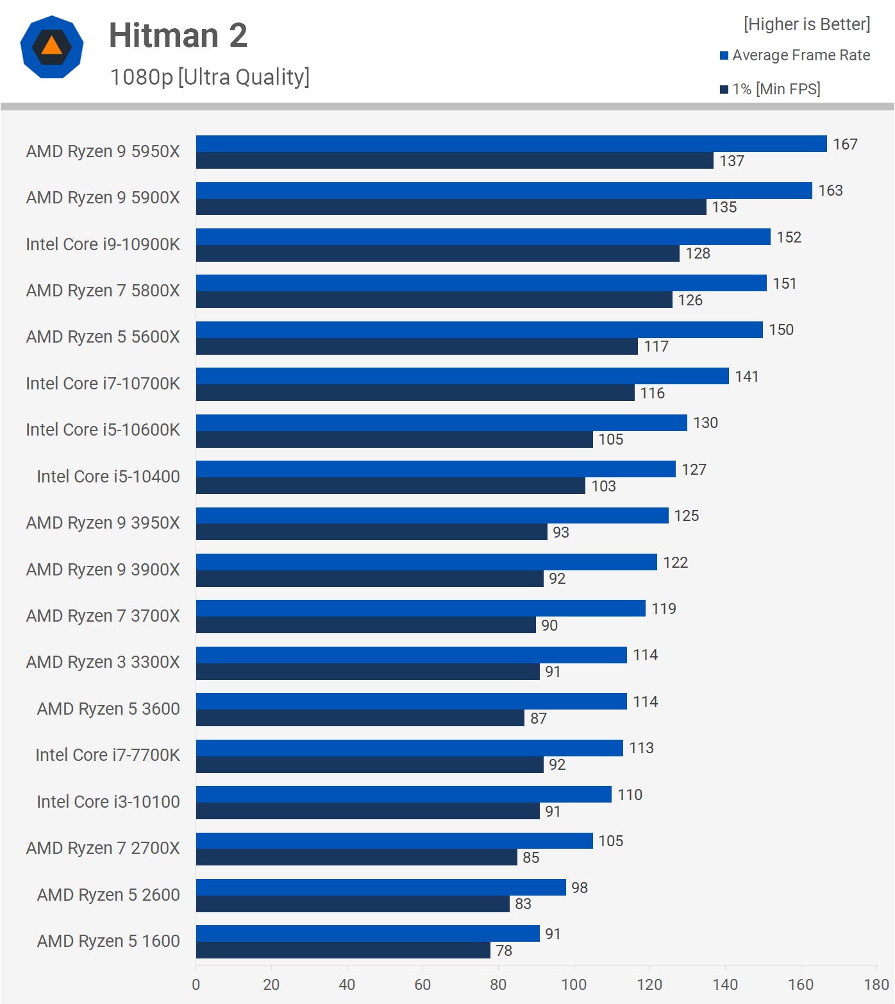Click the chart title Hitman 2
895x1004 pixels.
(x=178, y=35)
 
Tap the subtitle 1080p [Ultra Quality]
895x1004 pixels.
(x=210, y=77)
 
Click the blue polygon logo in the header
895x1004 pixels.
(x=52, y=47)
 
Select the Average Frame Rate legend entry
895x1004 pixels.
(x=795, y=55)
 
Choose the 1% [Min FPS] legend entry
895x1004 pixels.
(x=770, y=89)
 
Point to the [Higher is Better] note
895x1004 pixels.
(x=807, y=24)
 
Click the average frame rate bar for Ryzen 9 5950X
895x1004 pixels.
(x=511, y=144)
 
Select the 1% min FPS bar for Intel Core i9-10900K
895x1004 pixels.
(x=437, y=253)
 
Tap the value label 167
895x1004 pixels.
(x=845, y=144)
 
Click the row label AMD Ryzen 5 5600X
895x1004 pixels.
(x=103, y=337)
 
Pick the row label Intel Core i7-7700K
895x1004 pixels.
(x=107, y=755)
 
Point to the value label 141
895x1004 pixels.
(x=747, y=377)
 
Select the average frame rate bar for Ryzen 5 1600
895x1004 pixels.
(x=367, y=933)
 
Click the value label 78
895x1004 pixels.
(x=504, y=951)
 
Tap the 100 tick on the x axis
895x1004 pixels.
(x=574, y=985)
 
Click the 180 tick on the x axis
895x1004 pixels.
(x=876, y=985)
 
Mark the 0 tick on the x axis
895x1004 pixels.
(x=196, y=985)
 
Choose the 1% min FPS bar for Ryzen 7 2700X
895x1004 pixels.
(x=356, y=858)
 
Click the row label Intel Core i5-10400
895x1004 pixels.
(x=108, y=477)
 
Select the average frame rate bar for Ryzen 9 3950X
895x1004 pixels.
(x=432, y=515)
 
